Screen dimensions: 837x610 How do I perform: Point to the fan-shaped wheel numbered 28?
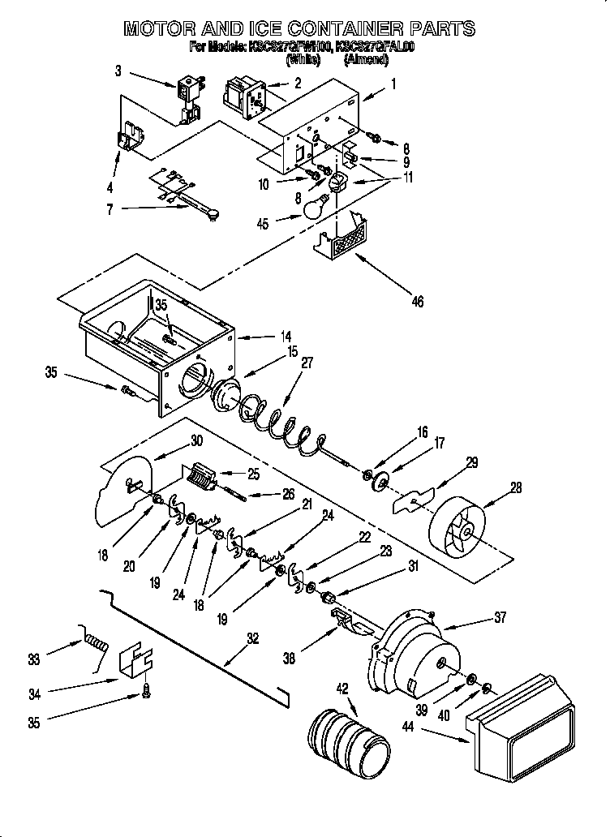pyautogui.click(x=456, y=526)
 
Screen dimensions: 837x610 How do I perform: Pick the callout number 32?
pyautogui.click(x=252, y=638)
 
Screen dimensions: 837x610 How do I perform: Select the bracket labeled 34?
pyautogui.click(x=135, y=663)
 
